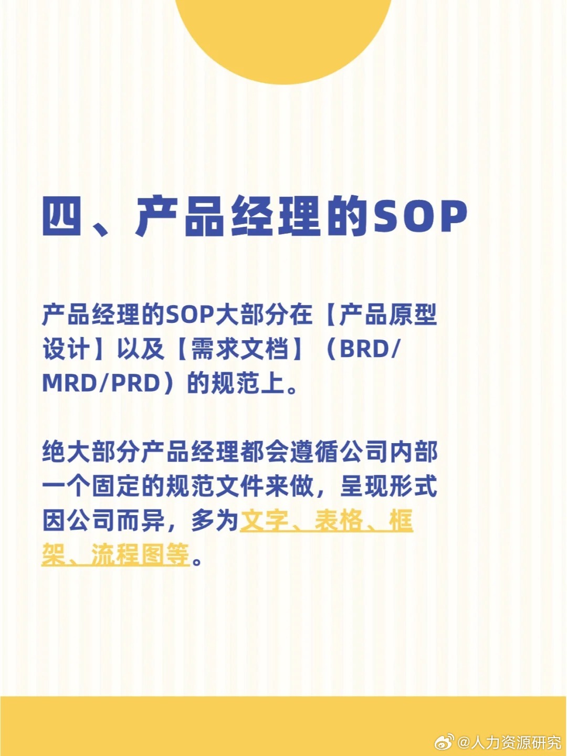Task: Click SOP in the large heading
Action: click(x=420, y=216)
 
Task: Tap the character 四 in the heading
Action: click(x=62, y=216)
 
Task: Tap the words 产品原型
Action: click(x=388, y=314)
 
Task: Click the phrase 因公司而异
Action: click(x=103, y=520)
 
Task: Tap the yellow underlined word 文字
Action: click(x=264, y=520)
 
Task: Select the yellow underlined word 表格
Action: click(x=339, y=520)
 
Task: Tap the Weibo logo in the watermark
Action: click(x=444, y=742)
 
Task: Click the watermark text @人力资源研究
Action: click(x=509, y=742)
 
